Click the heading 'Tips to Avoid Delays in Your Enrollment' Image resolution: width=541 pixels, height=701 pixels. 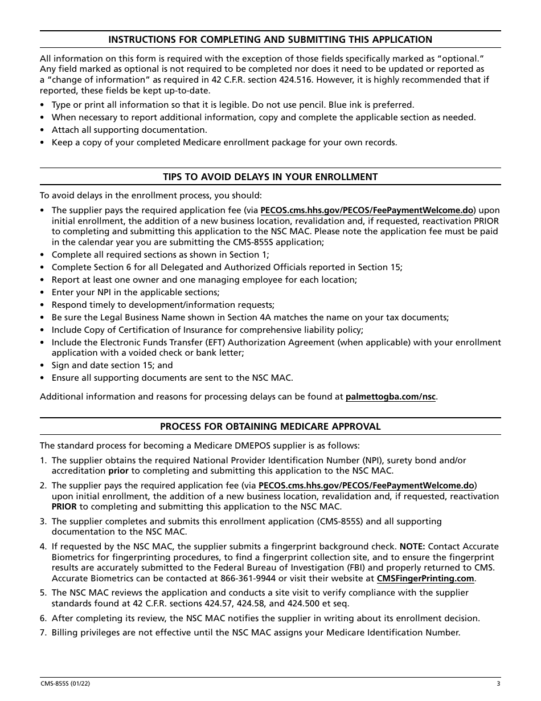(x=270, y=177)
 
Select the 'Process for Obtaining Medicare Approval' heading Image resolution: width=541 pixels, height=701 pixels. (x=270, y=426)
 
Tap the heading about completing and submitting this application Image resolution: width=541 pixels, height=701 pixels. (x=270, y=39)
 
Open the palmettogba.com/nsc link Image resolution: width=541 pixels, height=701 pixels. (x=391, y=397)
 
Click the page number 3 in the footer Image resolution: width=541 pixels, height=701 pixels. (x=498, y=684)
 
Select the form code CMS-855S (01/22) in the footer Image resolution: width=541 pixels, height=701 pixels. (x=64, y=684)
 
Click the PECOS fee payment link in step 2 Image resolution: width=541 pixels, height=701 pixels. (x=366, y=486)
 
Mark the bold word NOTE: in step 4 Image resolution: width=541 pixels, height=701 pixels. (x=412, y=546)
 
